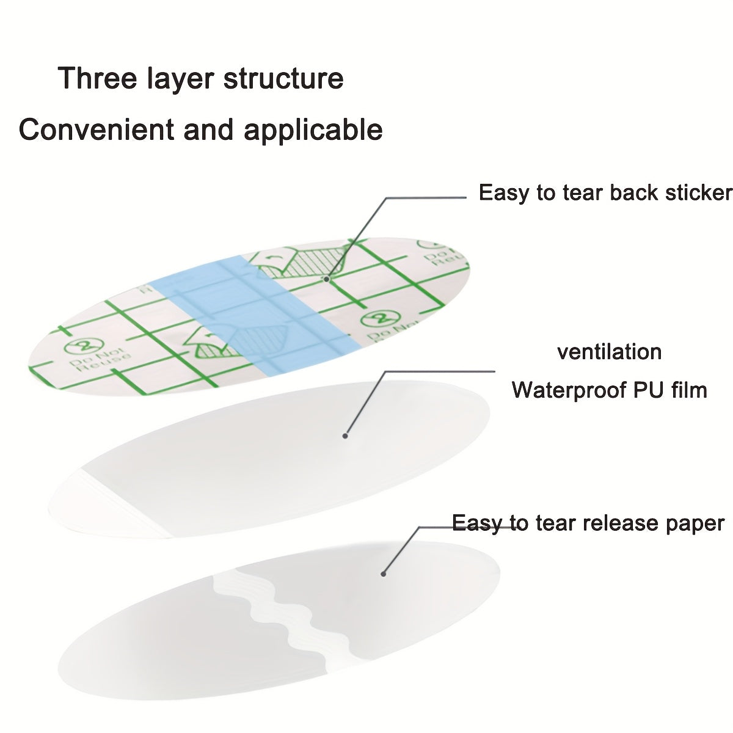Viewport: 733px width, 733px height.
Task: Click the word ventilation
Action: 609,352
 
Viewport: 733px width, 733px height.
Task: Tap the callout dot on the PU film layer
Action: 345,436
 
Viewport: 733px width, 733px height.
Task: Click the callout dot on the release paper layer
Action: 384,574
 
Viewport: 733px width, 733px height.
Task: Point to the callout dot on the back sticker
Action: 327,279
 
